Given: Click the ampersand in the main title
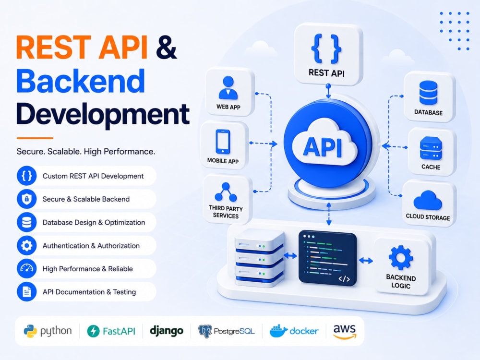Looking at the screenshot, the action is (x=166, y=47).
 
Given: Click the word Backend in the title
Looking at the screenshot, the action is (x=81, y=81).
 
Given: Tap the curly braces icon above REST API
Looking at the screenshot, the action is (x=326, y=49).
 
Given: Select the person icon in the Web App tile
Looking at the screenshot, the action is (x=228, y=88).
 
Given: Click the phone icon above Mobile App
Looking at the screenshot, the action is (x=223, y=142).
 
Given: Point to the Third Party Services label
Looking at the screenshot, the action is (x=226, y=212).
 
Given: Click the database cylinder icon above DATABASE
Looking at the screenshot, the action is (x=428, y=93).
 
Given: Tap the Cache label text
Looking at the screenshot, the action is (x=431, y=167).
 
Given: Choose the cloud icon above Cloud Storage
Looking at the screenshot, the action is (x=428, y=200).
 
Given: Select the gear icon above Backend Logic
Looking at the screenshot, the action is (x=401, y=257).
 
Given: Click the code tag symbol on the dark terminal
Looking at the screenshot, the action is (x=344, y=279).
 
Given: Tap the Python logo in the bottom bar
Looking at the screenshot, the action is (x=30, y=331).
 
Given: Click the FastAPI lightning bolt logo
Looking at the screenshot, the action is (x=94, y=331).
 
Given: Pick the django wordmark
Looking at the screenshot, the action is (x=167, y=331).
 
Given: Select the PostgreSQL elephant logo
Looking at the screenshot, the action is (x=205, y=331).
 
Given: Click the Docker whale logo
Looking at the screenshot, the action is (x=278, y=331).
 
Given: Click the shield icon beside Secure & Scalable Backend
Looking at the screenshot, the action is (x=26, y=199).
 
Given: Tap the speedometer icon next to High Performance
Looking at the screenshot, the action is (x=26, y=268).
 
